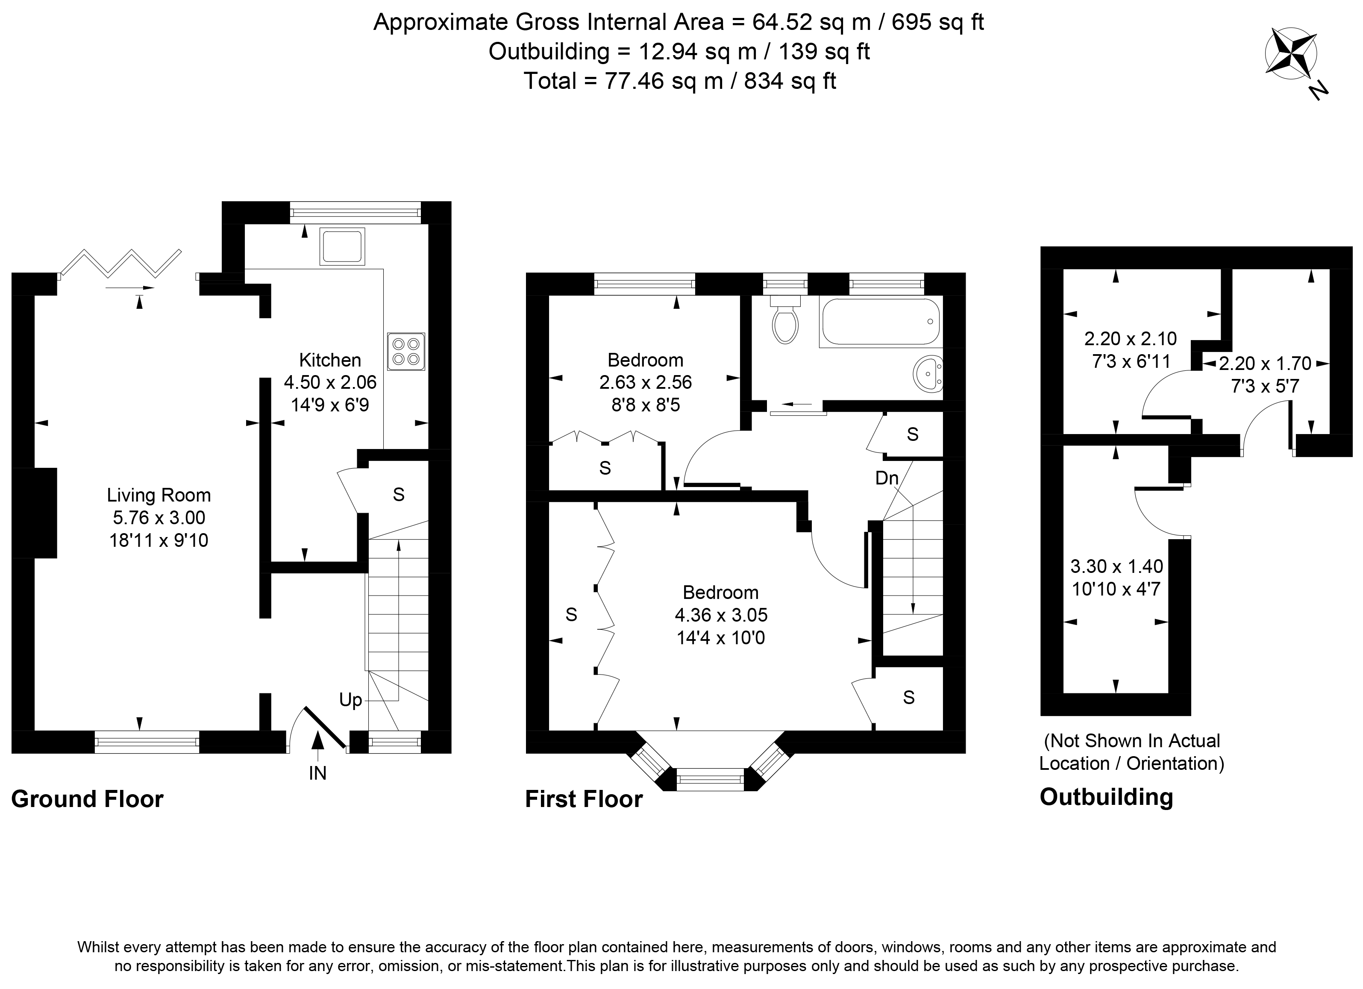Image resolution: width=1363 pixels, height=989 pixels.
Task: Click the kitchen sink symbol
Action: pos(342,247)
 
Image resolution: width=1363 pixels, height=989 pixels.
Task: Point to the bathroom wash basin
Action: pos(927,374)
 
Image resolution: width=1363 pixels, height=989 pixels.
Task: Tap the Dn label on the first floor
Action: pos(887,478)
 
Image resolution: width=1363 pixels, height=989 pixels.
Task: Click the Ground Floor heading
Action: pos(87,799)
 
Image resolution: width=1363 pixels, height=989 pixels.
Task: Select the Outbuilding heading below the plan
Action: pos(1106,797)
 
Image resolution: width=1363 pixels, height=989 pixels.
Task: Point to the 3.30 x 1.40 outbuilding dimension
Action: pos(1116,566)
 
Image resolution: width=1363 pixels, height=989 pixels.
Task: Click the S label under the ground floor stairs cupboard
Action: pos(399,495)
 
